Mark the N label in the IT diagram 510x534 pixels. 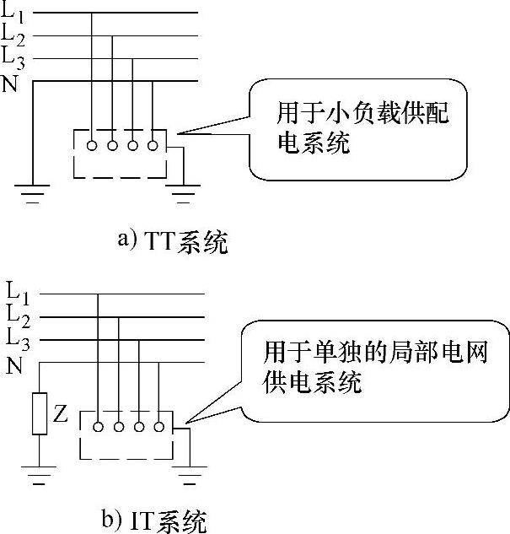pyautogui.click(x=15, y=365)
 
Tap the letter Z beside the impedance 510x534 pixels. pyautogui.click(x=60, y=414)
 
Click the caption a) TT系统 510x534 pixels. pyautogui.click(x=173, y=243)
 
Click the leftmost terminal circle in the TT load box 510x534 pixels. pyautogui.click(x=92, y=146)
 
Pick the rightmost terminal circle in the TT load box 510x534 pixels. pyautogui.click(x=153, y=146)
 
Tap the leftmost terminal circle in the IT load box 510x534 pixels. pyautogui.click(x=99, y=427)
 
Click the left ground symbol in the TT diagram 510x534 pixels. pyautogui.click(x=33, y=199)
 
